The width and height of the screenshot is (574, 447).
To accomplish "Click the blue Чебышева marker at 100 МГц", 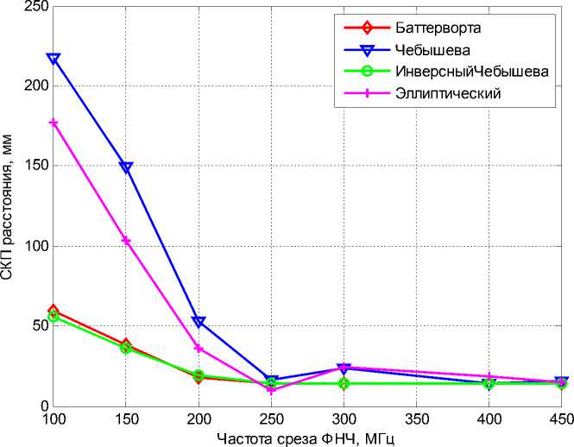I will pos(54,59).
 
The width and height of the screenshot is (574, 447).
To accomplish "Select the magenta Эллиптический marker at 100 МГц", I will pos(54,123).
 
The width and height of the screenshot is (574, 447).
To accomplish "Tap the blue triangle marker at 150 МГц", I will pos(126,167).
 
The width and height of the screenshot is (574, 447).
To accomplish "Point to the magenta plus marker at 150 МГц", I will pos(126,241).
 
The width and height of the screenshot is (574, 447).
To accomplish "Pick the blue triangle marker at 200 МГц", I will pos(199,322).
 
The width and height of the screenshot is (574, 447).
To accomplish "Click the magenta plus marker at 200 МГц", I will pos(199,349).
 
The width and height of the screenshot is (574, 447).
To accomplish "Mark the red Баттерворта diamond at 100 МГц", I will pos(54,311).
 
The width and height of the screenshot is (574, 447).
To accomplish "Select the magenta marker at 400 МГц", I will pos(489,377).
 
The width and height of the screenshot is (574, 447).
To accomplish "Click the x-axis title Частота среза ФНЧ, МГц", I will pos(307,438).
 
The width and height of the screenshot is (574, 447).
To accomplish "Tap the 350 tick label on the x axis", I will pos(416,419).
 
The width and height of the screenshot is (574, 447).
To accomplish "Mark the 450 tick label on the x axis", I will pos(560,419).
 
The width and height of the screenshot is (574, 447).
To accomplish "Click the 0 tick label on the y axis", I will pos(41,406).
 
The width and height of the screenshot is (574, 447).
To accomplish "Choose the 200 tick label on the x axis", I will pos(199,419).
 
